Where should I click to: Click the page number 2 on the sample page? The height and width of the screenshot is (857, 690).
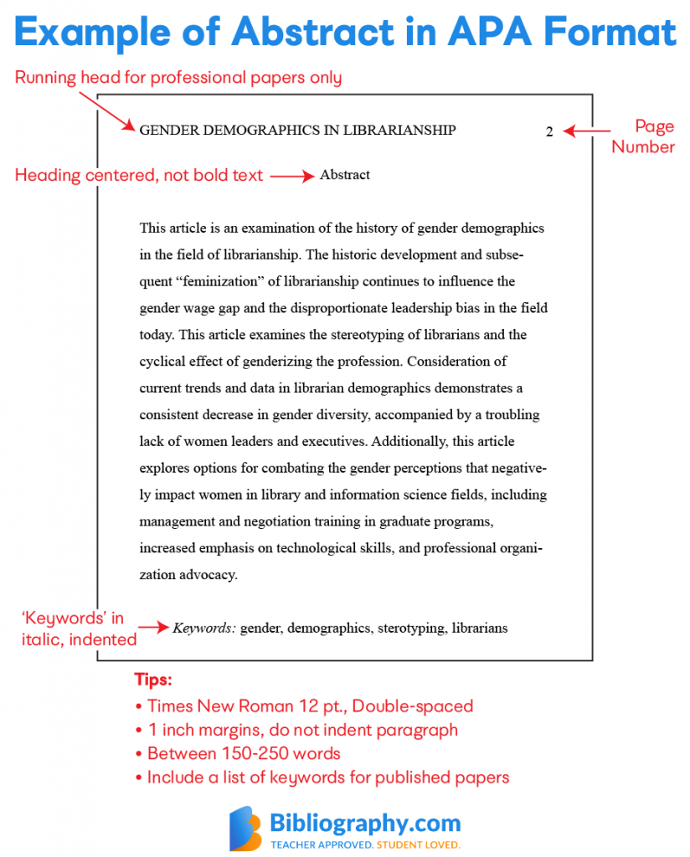(549, 131)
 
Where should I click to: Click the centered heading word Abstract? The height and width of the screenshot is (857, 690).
(344, 175)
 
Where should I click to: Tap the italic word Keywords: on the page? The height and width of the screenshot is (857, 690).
(204, 628)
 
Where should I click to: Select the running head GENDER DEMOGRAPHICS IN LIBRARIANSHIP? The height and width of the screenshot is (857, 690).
(297, 130)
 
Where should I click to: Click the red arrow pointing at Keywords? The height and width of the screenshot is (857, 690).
(153, 627)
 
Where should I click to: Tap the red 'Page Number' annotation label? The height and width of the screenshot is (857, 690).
(643, 136)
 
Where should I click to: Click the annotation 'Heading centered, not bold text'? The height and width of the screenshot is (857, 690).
(139, 176)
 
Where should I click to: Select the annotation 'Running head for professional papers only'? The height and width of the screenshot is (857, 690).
(178, 78)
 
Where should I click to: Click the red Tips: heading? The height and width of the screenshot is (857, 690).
(153, 680)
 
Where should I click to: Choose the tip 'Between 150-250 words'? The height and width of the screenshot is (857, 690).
(243, 753)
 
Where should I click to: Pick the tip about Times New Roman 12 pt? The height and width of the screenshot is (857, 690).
(310, 706)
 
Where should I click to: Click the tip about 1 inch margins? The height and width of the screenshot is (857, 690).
(301, 730)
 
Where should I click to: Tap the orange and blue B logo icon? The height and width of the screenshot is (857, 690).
(245, 829)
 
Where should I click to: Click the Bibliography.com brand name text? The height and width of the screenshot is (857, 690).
(364, 822)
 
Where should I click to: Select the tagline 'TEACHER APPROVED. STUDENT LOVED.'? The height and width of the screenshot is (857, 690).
(364, 845)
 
